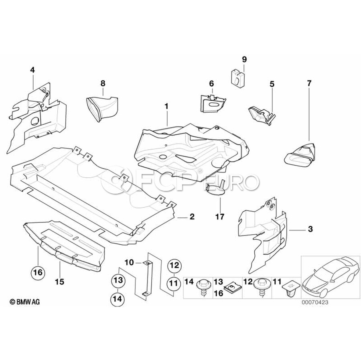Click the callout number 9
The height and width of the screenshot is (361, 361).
[x=244, y=59]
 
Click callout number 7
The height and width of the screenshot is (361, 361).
[x=309, y=83]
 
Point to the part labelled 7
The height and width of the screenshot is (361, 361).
[x=299, y=154]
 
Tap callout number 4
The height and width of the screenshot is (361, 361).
[x=33, y=70]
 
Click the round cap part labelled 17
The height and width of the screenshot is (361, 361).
[x=215, y=189]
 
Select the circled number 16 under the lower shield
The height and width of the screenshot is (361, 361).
[x=38, y=272]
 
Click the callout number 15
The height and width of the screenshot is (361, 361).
[x=60, y=282]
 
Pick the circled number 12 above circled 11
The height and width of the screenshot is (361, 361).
[x=175, y=266]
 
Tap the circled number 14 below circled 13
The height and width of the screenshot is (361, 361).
[x=118, y=299]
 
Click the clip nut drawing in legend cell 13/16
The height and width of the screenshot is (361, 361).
[x=232, y=288]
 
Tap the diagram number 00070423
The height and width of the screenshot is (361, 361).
[x=315, y=302]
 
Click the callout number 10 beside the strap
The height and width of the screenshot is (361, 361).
[x=129, y=262]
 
